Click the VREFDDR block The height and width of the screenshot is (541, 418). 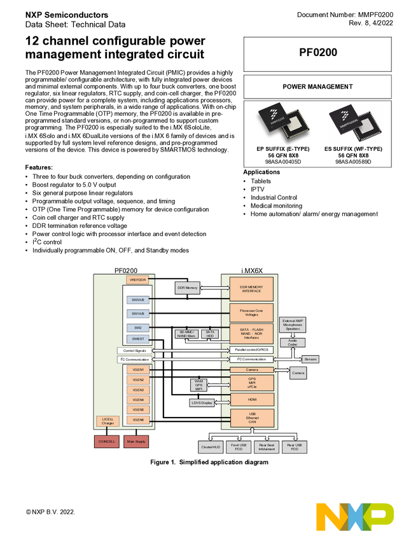tap(137, 279)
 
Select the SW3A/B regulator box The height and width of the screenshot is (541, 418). tap(137, 299)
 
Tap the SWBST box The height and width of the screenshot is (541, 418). tap(137, 339)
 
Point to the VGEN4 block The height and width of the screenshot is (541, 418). tap(137, 400)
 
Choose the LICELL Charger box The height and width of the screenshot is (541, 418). tap(108, 421)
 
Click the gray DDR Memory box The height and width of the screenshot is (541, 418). tap(187, 288)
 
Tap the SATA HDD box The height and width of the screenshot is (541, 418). tap(209, 334)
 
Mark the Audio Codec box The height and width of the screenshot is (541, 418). tap(292, 343)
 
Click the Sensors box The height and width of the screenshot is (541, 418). tap(310, 359)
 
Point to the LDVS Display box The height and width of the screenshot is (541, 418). tap(202, 402)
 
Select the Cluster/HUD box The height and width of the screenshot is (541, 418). tap(211, 447)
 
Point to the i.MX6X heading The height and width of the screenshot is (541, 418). tap(251, 270)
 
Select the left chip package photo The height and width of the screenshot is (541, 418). tap(283, 124)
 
